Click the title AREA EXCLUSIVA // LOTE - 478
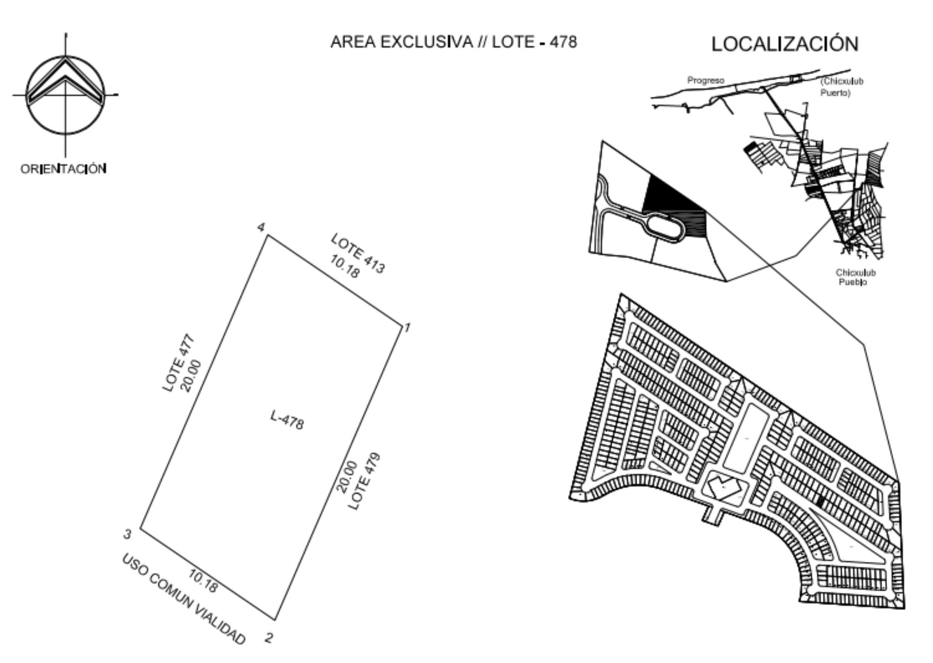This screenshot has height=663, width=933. pos(454,42)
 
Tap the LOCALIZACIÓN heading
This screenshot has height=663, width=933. pos(785,44)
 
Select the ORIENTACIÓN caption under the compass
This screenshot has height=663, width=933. pos(63,169)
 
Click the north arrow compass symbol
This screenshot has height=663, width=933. pos(65,95)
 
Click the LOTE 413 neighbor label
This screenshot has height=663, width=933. pos(358,253)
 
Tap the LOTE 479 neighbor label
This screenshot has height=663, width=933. pos(365,481)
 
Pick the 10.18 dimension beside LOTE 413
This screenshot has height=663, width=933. pos(344,267)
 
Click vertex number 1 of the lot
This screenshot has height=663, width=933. pos(407,327)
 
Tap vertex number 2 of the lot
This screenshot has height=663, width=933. pos(269,638)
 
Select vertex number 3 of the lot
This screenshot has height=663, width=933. pos(128,534)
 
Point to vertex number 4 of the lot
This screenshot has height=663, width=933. pos(261,227)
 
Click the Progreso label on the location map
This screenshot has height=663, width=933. pos(706,81)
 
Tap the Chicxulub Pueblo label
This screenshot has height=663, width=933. pos(855,277)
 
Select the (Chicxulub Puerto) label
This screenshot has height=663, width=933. pos(842,86)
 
